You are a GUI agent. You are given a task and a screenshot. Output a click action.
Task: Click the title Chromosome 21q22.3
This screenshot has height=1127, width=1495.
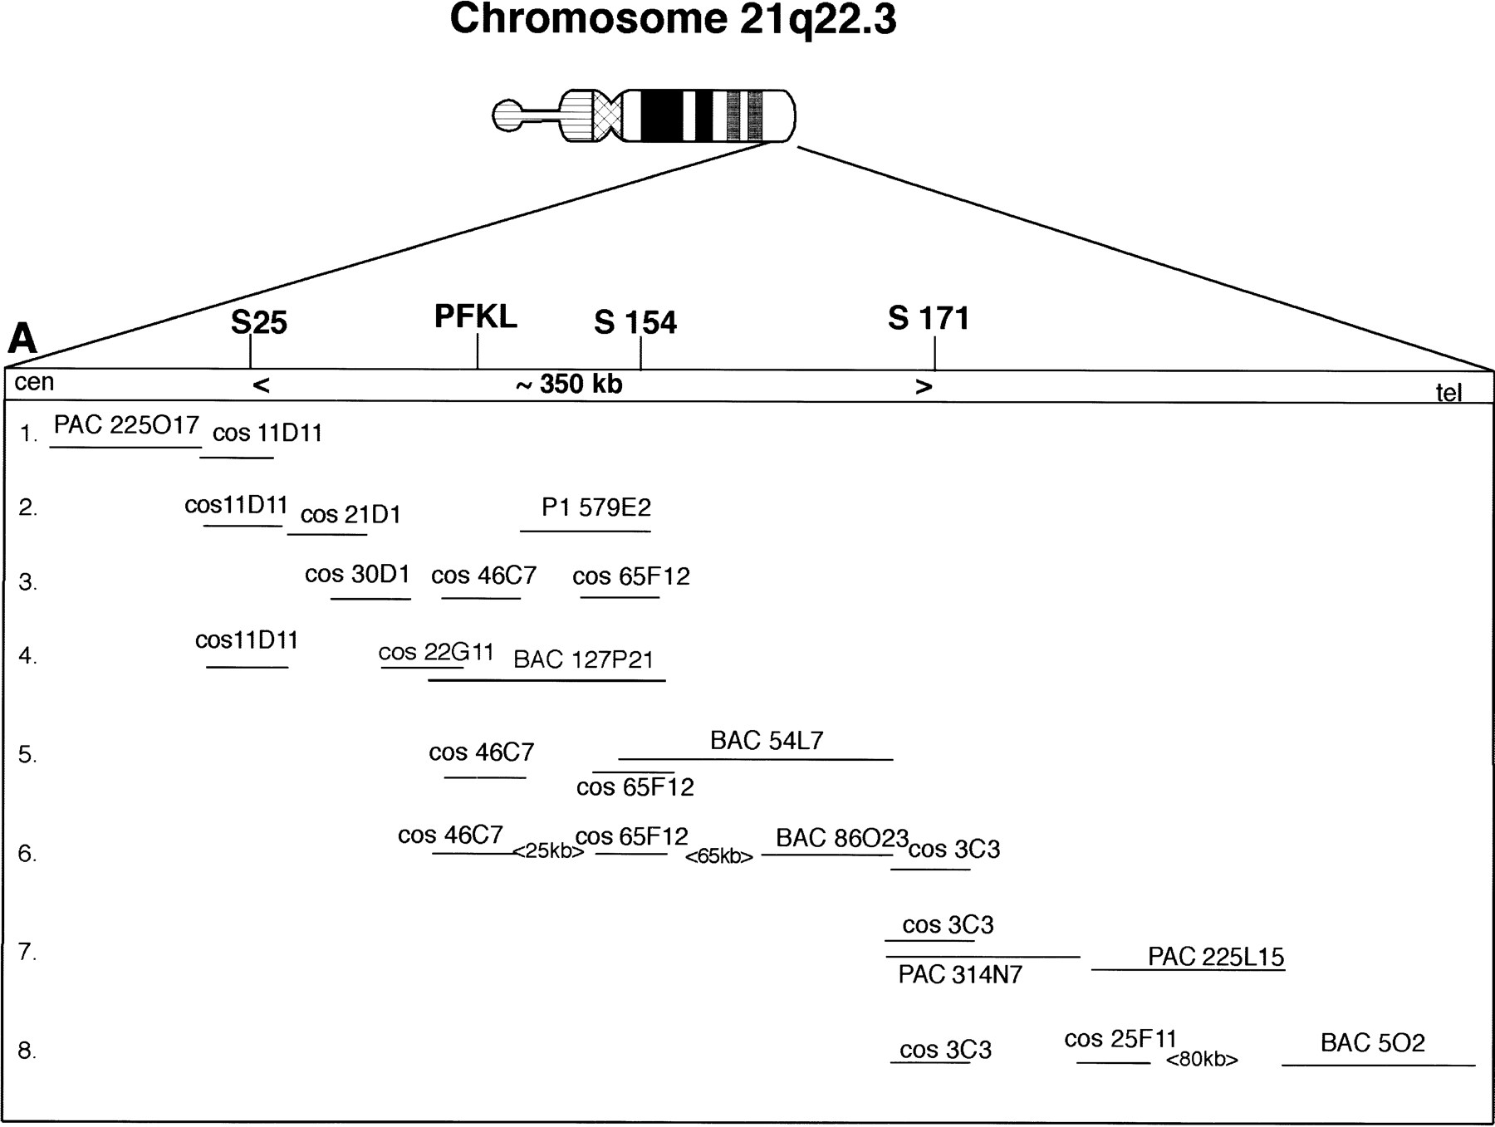tap(673, 20)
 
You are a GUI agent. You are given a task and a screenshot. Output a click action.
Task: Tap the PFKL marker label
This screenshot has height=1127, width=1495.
tap(476, 316)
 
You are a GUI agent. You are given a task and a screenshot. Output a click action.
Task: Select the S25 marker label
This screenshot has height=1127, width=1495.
tap(259, 322)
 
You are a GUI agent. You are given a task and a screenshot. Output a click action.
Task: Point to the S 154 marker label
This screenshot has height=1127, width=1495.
tap(635, 322)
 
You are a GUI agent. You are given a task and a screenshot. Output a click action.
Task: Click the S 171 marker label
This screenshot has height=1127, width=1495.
tap(929, 318)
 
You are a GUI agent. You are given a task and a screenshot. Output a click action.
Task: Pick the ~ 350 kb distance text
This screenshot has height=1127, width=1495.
tap(569, 385)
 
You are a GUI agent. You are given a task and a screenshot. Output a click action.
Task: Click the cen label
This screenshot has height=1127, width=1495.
tap(34, 382)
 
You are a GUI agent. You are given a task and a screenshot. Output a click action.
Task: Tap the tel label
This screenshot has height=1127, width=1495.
tap(1449, 392)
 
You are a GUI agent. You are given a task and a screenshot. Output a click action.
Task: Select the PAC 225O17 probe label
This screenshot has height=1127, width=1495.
tap(126, 425)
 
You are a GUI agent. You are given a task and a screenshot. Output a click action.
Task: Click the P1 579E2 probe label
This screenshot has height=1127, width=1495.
tap(596, 507)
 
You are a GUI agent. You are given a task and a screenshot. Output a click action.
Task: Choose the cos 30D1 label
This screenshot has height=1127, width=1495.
tap(357, 575)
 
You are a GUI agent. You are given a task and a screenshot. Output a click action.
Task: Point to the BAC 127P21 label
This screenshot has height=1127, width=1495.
tap(584, 659)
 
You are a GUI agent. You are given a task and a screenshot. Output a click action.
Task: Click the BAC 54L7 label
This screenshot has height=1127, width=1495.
tap(767, 740)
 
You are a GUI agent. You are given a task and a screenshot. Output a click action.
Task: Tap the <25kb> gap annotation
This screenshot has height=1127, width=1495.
tap(548, 851)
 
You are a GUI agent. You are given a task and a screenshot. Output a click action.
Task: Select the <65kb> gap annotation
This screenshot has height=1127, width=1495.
tap(719, 856)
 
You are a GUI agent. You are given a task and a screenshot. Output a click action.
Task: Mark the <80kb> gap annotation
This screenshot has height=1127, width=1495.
tap(1202, 1060)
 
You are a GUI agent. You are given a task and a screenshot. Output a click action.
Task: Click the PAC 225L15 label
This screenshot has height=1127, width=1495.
tap(1216, 957)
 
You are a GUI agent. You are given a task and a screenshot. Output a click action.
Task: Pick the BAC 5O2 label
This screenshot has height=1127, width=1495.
tap(1373, 1043)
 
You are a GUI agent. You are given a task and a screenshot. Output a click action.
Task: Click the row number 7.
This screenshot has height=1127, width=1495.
tap(28, 952)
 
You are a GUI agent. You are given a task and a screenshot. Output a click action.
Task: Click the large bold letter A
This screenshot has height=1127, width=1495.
tap(22, 339)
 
